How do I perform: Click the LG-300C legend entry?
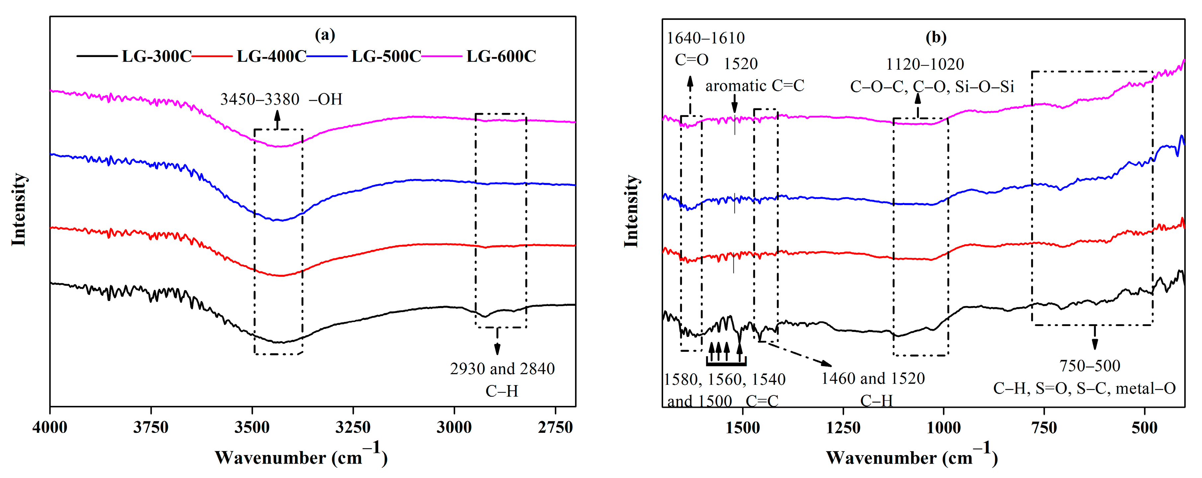coord(156,56)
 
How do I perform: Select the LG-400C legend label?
coord(271,56)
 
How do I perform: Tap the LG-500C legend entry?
coord(386,56)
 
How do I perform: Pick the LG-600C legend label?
coord(501,56)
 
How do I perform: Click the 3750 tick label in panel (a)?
coord(151,427)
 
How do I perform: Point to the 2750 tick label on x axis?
coord(555,427)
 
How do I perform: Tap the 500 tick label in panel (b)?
coord(1144,428)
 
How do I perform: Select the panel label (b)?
coord(936,37)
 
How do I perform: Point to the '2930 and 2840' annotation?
coord(502,369)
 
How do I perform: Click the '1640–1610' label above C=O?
coord(706,38)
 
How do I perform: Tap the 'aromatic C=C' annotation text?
coord(755,86)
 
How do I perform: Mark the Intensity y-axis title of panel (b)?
coord(631,211)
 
